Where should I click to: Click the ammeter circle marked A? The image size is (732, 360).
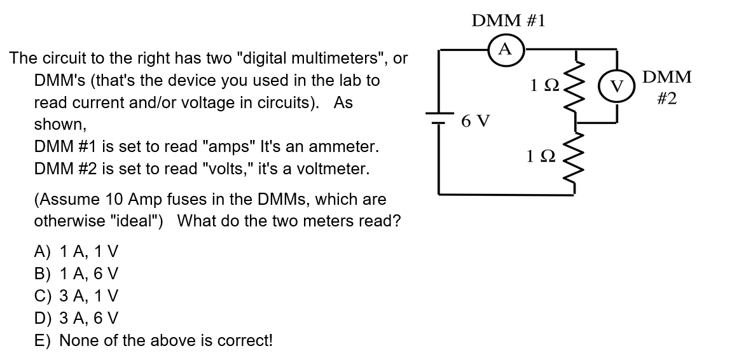[506, 48]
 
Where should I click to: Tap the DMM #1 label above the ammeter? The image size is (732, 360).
[508, 21]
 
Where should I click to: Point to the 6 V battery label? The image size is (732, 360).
[476, 120]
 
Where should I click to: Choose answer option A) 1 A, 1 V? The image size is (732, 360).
[76, 251]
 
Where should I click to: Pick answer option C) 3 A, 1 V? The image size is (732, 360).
[76, 296]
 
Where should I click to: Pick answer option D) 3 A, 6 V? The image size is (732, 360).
[76, 318]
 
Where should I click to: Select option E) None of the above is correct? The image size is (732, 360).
[153, 340]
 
